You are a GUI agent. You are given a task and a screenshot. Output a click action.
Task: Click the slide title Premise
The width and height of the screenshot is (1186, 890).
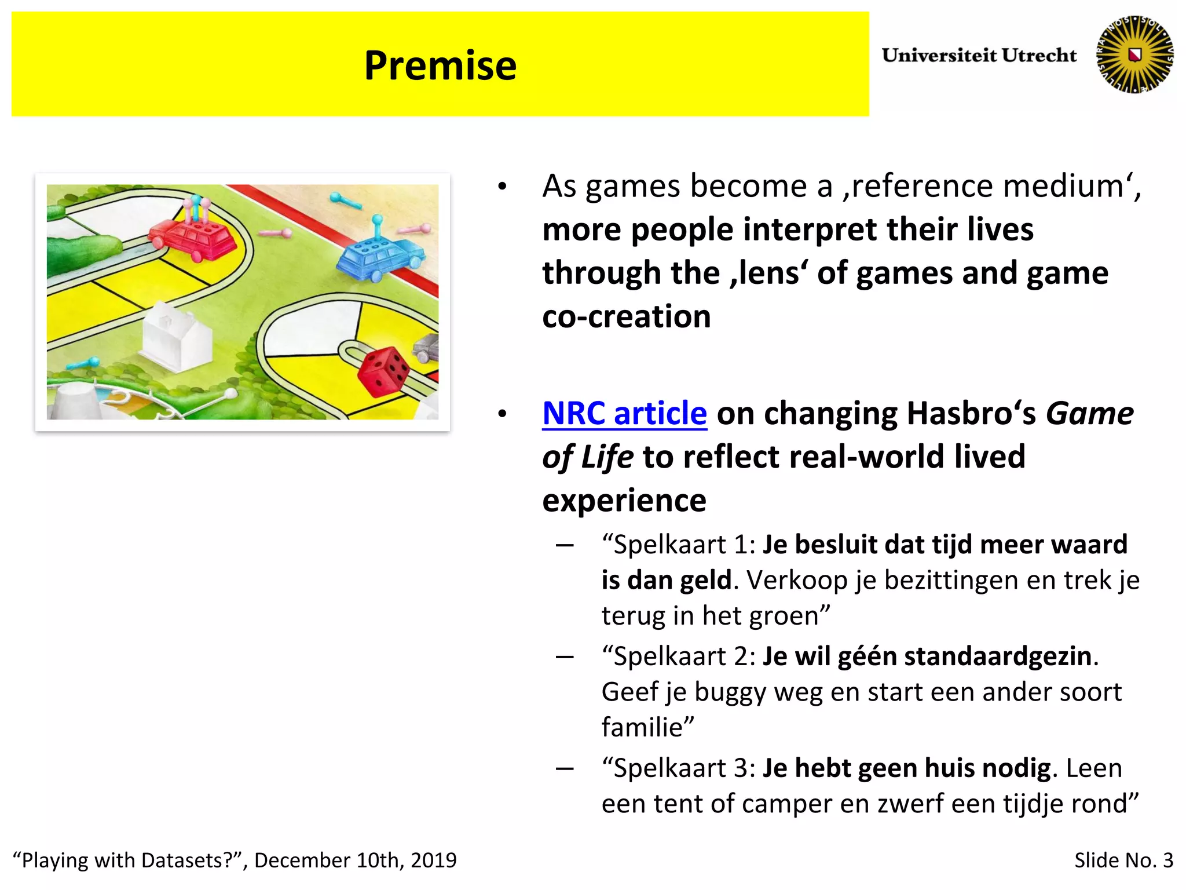pos(440,65)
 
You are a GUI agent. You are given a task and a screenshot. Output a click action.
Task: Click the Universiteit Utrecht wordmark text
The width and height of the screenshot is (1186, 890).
pos(979,55)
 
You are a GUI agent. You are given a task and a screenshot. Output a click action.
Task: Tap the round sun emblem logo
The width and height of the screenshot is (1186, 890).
pos(1134,54)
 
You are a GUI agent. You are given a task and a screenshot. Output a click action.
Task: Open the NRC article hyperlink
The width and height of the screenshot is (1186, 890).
pos(624,413)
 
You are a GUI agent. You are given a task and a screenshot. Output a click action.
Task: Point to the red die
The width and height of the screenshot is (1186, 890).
pos(383,371)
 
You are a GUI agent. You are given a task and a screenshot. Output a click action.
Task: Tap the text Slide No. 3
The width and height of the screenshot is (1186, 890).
pos(1123,860)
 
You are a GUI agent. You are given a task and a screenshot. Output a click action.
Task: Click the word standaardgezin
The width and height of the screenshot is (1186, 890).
pos(997,656)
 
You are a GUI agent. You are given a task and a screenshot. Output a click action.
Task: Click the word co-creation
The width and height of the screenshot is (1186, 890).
pos(626,317)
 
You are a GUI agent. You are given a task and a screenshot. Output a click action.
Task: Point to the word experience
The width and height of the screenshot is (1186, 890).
pos(624,500)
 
